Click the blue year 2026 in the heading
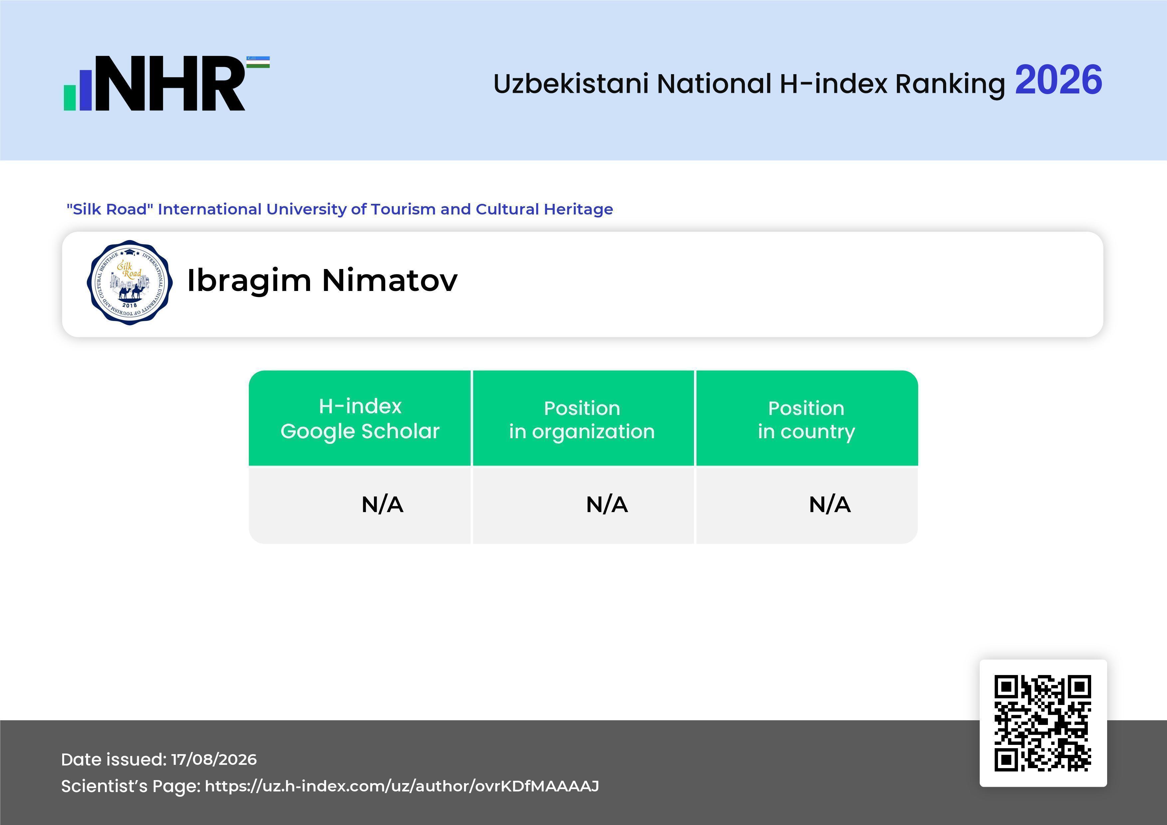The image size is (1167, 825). [x=1058, y=80]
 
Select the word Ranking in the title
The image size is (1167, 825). [x=950, y=84]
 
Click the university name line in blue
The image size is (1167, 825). [x=340, y=209]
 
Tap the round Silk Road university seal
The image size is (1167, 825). [x=130, y=282]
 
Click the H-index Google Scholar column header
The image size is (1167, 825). [x=360, y=419]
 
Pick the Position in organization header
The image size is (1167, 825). [x=582, y=420]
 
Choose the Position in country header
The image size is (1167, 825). [x=806, y=420]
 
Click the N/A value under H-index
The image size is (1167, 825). [x=382, y=504]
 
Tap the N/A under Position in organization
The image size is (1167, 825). [x=607, y=504]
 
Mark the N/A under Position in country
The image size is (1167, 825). [x=829, y=504]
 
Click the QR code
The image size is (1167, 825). [x=1043, y=723]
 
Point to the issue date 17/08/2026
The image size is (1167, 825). [x=214, y=759]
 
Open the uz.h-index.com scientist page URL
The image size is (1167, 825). [x=402, y=786]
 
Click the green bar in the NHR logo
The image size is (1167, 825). [x=70, y=97]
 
